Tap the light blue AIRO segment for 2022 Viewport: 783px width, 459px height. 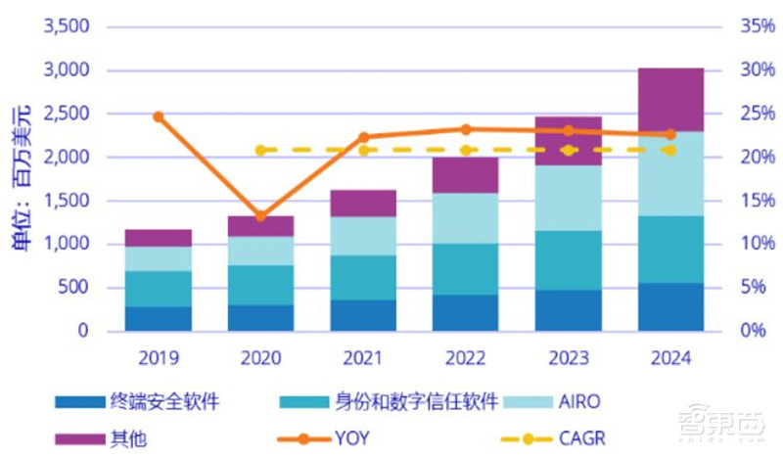[465, 218]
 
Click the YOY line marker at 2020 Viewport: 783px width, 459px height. [260, 216]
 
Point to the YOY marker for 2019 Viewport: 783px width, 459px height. [159, 116]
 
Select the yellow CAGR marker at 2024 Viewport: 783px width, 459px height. [669, 150]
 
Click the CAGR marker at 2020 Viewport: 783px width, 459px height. [260, 150]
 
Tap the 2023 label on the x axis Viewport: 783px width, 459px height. [568, 358]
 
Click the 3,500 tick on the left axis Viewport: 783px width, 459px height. [67, 26]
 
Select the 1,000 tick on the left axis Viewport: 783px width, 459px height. [67, 244]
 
